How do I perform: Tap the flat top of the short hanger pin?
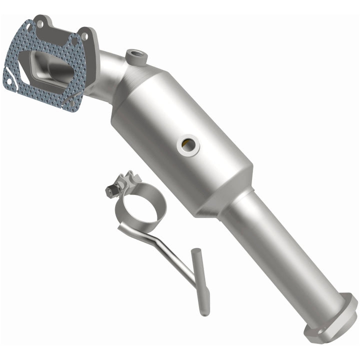click(x=196, y=251)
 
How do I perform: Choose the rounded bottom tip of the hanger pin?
click(x=204, y=312)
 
